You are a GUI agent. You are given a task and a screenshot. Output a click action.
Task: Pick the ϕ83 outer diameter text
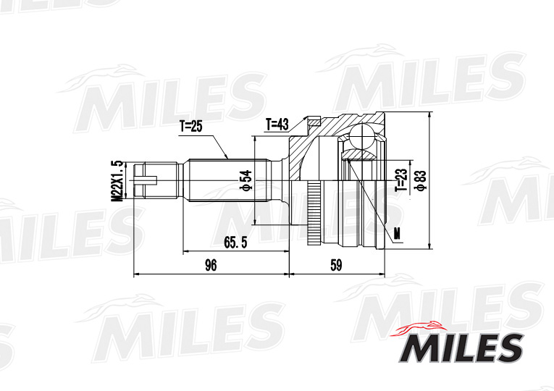[419, 179]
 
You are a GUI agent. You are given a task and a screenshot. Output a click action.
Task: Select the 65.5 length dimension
[235, 243]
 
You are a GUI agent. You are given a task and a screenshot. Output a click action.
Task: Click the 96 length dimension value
[211, 266]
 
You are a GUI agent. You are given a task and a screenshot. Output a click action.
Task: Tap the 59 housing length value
[335, 266]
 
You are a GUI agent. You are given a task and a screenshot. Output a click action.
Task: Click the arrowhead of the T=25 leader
[227, 157]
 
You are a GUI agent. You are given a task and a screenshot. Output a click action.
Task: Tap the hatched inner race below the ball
[360, 156]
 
